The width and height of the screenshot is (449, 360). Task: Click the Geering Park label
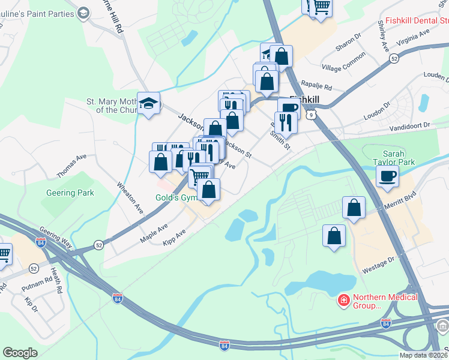pos(70,193)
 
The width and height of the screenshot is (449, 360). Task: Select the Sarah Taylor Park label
pos(398,157)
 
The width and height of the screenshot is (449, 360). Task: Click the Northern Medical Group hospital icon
pos(344,299)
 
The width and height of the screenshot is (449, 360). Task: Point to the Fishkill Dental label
pos(416,20)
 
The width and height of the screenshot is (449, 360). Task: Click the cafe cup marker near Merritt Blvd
pos(387,176)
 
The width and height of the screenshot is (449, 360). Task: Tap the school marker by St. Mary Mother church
pos(148,104)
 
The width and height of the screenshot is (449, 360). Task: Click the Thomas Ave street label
pos(71,165)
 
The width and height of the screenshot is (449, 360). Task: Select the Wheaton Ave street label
pos(130,197)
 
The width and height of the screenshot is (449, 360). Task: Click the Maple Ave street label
pos(154,233)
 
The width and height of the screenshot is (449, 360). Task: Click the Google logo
pos(20,352)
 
